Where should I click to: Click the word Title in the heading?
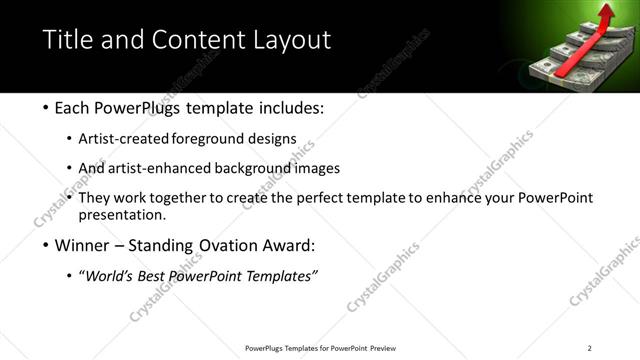68,40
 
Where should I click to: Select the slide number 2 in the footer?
590,348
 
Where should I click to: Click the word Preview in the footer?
381,348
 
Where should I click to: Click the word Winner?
77,245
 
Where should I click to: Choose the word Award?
291,245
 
